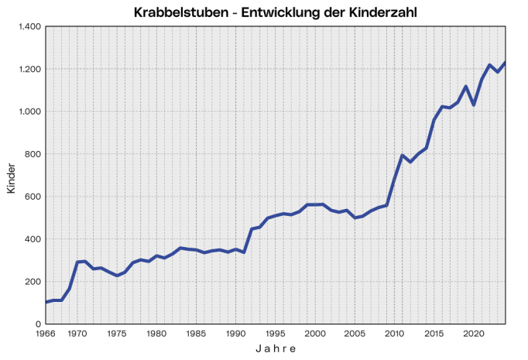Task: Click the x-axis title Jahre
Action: coord(276,349)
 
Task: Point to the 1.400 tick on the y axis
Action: coord(29,26)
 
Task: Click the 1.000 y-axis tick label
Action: coord(29,111)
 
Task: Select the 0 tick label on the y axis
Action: coord(37,324)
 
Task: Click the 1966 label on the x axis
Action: coord(46,334)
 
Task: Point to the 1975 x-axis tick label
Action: coord(117,334)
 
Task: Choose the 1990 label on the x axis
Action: coord(235,334)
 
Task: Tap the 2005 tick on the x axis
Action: coord(355,334)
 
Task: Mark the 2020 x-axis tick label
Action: coord(473,334)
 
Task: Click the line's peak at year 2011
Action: coord(403,155)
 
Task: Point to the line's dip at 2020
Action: coord(474,105)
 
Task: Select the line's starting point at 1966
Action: coord(46,302)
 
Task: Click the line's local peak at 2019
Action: coord(466,86)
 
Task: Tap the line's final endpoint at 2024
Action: coord(506,63)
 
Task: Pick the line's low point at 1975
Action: coord(117,276)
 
